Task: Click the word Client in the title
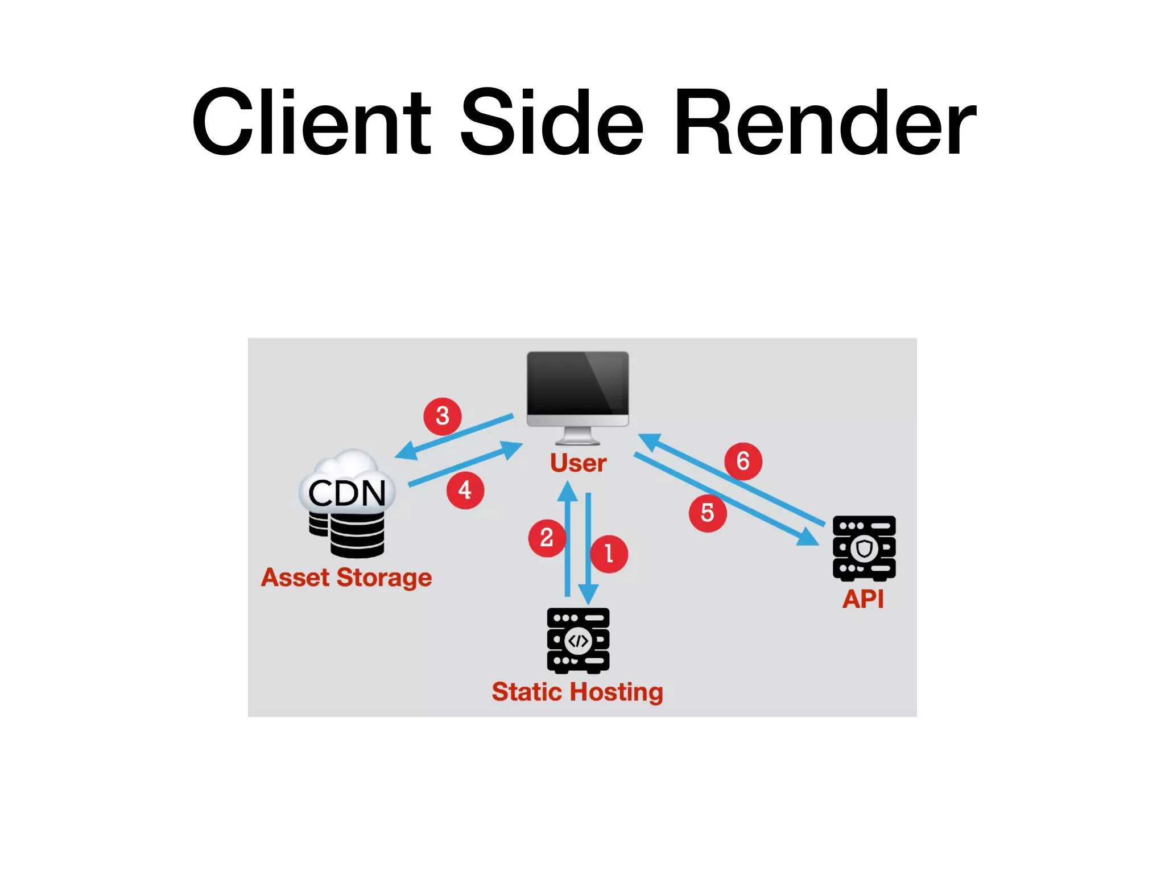click(311, 122)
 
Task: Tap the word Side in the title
click(551, 122)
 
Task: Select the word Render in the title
click(824, 122)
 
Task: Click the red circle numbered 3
click(443, 416)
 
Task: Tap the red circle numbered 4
click(465, 490)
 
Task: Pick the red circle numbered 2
click(547, 538)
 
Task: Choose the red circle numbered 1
click(609, 554)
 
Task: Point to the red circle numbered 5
click(707, 513)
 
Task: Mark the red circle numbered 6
click(743, 461)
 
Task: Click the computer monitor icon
click(577, 393)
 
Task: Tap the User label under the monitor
click(578, 463)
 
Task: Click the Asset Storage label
click(346, 578)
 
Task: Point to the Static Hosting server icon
click(578, 641)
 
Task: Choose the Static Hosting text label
click(577, 692)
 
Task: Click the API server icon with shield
click(864, 548)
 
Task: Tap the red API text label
click(863, 599)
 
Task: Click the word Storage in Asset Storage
click(384, 578)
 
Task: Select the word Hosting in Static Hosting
click(617, 692)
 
